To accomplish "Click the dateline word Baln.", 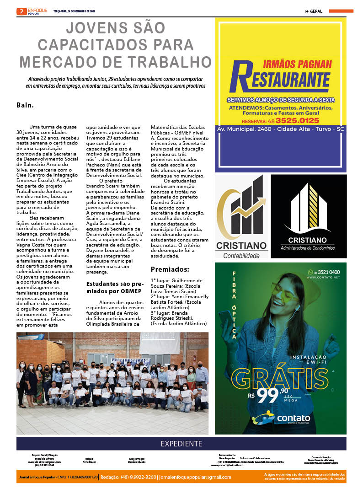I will click(25, 105).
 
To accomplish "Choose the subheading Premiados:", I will click(170, 269).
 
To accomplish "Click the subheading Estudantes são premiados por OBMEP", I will click(114, 287).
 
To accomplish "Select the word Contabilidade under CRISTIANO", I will click(241, 256).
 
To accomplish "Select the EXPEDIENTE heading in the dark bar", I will click(181, 444).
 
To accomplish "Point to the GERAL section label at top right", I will click(315, 11).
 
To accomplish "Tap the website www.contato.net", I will click(323, 278).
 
